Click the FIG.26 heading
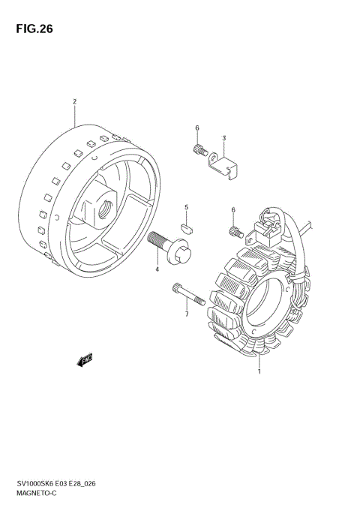(x=34, y=29)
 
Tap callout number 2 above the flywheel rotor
(x=74, y=102)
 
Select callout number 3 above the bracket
(x=223, y=138)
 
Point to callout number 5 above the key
(x=186, y=207)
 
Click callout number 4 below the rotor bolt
(x=157, y=269)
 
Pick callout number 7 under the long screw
(x=187, y=314)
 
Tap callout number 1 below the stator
(x=259, y=371)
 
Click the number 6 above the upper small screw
(x=197, y=128)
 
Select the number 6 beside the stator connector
(x=233, y=210)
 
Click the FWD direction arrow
(x=85, y=359)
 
